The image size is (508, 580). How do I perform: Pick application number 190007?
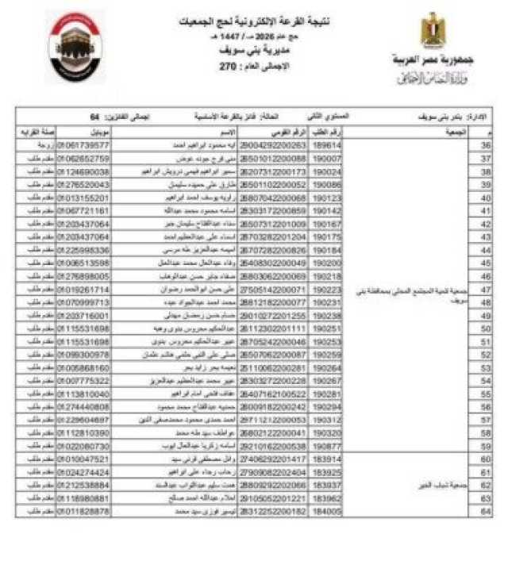328,159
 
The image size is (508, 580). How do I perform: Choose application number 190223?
328,290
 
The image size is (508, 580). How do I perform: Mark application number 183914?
328,459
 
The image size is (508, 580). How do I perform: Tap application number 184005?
328,512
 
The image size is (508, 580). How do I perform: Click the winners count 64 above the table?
94,117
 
